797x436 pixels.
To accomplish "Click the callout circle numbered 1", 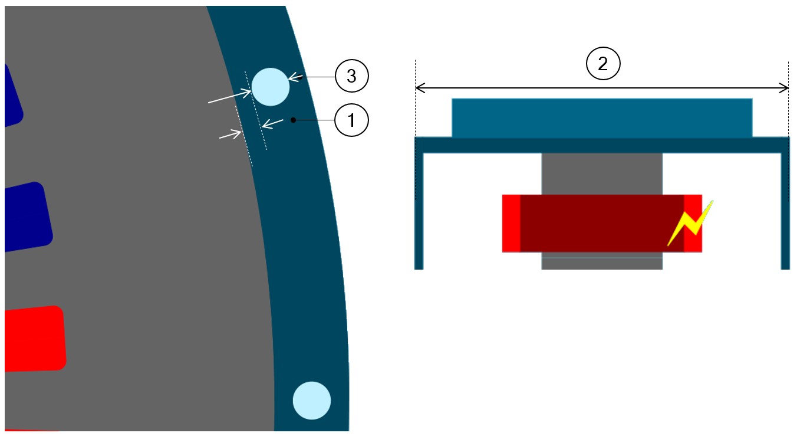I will coord(351,121).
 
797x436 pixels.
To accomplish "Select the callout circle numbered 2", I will coord(602,64).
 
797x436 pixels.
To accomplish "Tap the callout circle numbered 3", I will coord(351,77).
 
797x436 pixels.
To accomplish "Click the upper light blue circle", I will coord(271,87).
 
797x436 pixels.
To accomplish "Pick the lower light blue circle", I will coord(312,401).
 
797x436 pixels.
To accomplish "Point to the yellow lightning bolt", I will coord(691,223).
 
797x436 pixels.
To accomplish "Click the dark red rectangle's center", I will coord(602,223).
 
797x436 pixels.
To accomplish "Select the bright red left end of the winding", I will coord(511,223).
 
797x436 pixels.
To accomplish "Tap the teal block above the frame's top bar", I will coord(602,117).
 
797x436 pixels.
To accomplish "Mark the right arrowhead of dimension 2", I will coord(785,88).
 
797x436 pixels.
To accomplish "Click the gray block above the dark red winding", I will coord(602,173).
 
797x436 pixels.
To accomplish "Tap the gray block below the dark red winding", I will coord(602,263).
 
